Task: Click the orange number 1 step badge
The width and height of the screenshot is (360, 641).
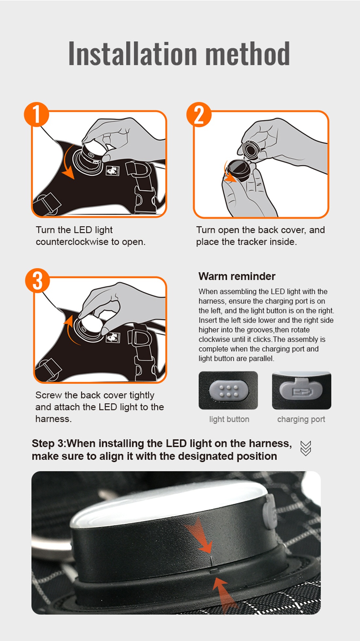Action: pyautogui.click(x=37, y=114)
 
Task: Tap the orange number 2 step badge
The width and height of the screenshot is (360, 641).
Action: pyautogui.click(x=199, y=114)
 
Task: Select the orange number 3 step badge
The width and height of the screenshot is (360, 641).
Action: pyautogui.click(x=38, y=281)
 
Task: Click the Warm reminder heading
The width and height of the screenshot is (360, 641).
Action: pyautogui.click(x=237, y=276)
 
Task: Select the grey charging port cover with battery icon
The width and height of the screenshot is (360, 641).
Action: pyautogui.click(x=301, y=389)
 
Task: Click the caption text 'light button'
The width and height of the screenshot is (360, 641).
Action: pyautogui.click(x=229, y=419)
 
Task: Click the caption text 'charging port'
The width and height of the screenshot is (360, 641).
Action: pyautogui.click(x=301, y=419)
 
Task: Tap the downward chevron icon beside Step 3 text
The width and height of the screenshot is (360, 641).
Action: pyautogui.click(x=306, y=448)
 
